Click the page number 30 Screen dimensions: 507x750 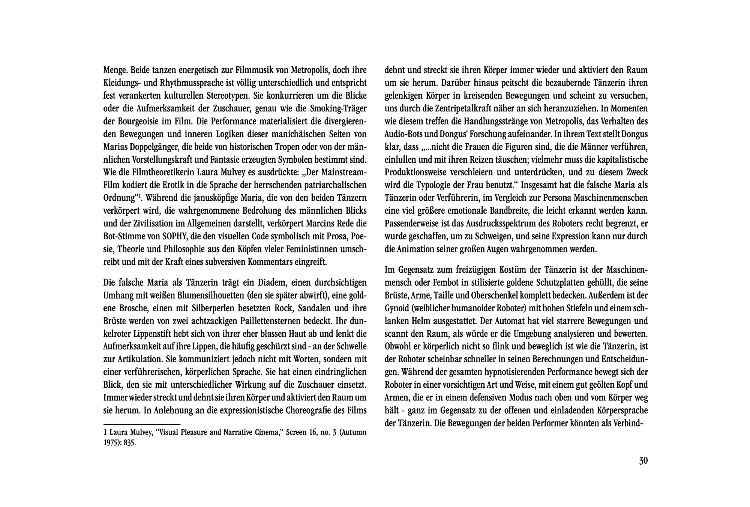643,461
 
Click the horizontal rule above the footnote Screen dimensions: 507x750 142,424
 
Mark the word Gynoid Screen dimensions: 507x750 397,308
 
